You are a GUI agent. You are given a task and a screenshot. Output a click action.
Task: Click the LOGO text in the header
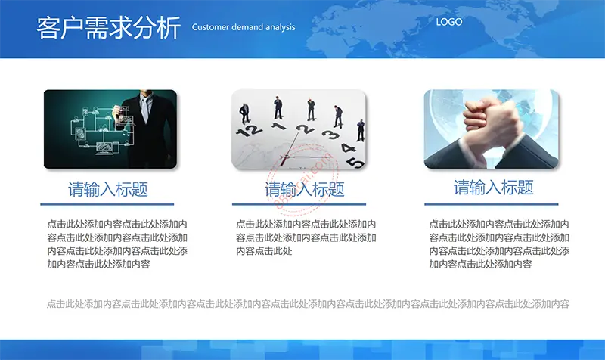point(448,22)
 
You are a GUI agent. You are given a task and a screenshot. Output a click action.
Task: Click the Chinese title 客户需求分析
point(108,28)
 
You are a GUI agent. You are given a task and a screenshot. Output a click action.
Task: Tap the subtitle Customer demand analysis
point(244,27)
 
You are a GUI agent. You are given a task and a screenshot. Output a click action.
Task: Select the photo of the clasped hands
point(491,129)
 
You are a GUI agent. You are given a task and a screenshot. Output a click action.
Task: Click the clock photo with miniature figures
point(299,129)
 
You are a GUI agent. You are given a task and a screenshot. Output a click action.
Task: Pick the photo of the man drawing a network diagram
point(110,129)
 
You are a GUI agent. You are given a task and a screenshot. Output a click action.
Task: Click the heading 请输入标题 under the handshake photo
point(494,188)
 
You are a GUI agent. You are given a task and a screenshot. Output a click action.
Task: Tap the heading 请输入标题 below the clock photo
point(305,189)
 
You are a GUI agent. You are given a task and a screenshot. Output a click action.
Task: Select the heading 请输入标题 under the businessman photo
point(108,189)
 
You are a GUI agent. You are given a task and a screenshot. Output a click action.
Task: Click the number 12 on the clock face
point(249,131)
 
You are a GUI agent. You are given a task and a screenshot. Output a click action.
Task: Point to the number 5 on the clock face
point(355,163)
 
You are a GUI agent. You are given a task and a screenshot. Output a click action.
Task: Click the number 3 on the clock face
point(330,135)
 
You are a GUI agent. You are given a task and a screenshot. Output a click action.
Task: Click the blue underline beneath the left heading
point(107,204)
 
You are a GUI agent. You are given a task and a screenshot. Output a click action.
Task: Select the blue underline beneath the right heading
point(491,204)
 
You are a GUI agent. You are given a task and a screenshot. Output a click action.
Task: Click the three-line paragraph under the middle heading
point(306,237)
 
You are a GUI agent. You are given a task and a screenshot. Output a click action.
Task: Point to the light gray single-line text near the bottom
point(308,304)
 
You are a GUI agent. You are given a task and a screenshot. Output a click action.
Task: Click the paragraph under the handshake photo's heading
point(499,244)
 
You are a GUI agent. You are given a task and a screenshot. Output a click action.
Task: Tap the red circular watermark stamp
point(303,179)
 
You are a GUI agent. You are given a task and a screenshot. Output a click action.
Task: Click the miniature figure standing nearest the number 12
point(244,113)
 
